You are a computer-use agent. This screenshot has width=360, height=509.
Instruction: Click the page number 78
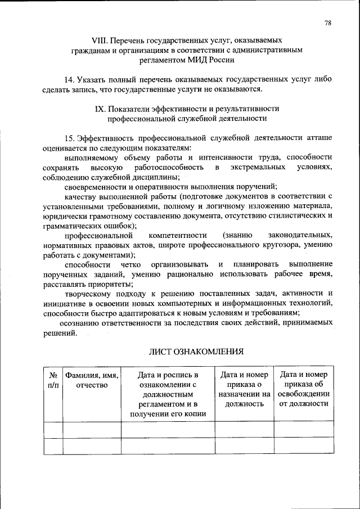click(x=328, y=22)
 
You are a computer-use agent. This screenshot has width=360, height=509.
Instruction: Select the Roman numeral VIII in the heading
click(x=100, y=40)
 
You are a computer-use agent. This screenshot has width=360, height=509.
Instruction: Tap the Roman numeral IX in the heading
click(x=101, y=109)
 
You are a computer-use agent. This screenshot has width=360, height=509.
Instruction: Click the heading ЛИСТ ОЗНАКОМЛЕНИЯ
click(x=196, y=352)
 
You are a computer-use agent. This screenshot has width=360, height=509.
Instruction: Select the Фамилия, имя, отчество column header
click(x=91, y=380)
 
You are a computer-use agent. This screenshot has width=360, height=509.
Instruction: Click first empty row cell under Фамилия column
click(x=91, y=429)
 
